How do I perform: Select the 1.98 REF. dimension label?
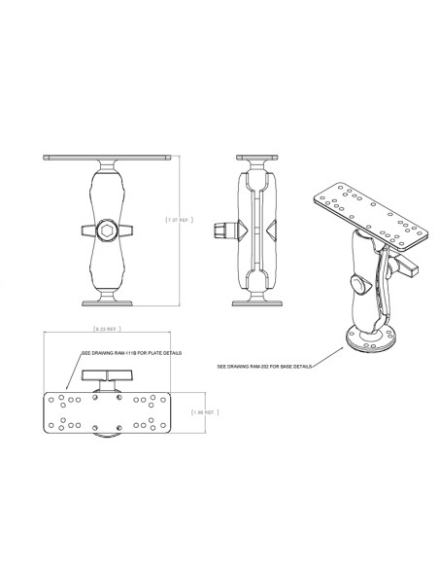coord(203,412)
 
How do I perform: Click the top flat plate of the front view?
coord(109,159)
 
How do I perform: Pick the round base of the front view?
coord(109,301)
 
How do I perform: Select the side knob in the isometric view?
coord(360,286)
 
